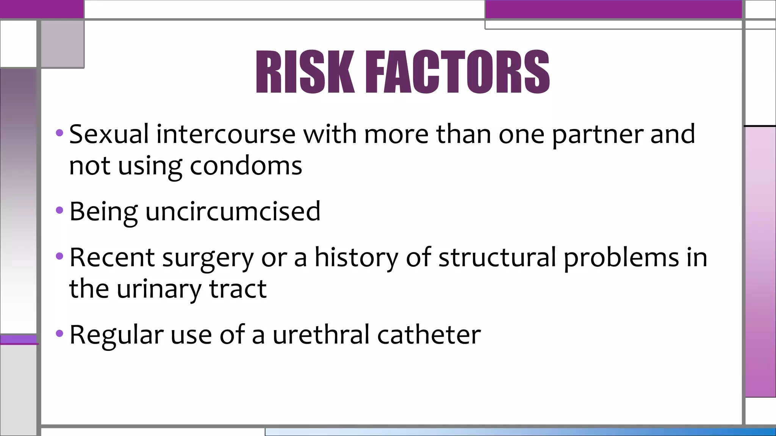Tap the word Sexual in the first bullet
109,134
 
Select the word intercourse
226,134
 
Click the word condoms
246,166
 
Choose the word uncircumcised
233,211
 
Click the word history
357,257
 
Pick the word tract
238,289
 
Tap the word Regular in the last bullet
116,335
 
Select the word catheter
429,335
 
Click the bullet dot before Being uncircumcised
59,210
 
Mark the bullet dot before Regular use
59,333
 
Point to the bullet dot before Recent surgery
59,256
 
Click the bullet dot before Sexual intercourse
59,133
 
